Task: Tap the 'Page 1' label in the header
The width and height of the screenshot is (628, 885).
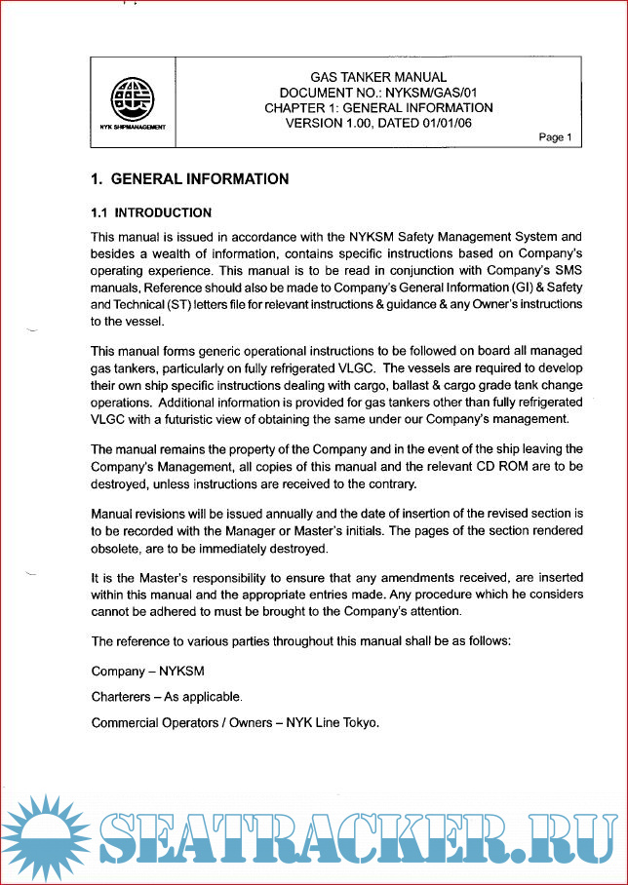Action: (x=556, y=137)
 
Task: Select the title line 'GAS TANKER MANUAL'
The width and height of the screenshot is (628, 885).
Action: (x=378, y=77)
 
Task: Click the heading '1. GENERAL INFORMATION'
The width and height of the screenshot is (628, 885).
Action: (x=190, y=179)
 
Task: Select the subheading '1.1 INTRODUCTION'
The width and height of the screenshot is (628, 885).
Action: (x=151, y=212)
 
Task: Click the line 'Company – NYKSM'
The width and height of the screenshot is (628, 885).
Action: (x=148, y=672)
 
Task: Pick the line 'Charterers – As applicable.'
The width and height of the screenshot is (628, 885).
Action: (x=167, y=697)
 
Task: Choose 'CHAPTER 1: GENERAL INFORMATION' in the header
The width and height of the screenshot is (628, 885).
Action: (x=378, y=108)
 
